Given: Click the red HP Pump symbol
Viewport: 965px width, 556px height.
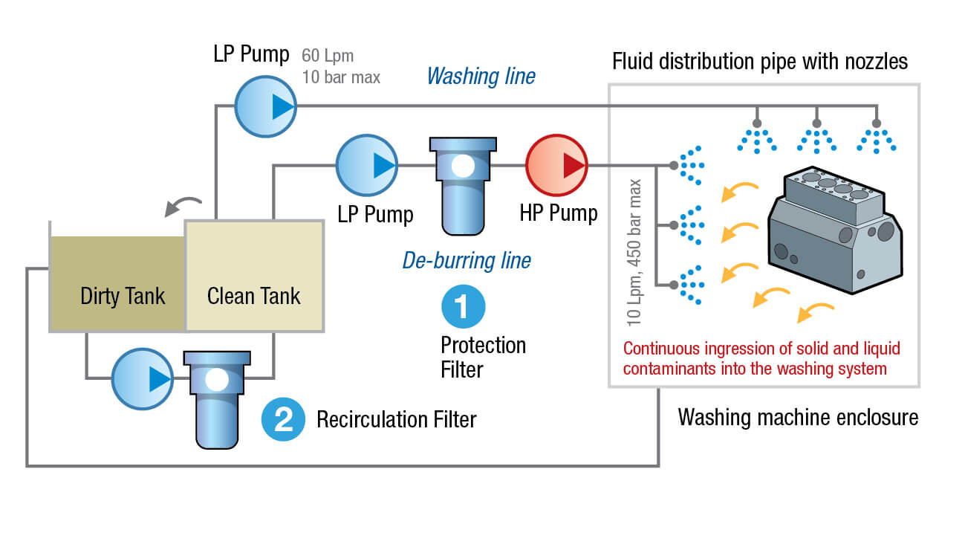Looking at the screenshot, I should pos(556,165).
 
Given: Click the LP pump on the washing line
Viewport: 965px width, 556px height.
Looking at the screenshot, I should pos(266,107).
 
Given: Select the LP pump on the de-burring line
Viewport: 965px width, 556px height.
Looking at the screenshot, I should pos(367,165).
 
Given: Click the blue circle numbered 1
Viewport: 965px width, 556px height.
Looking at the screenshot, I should pos(463,306).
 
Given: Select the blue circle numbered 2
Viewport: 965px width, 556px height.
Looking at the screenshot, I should pos(283,419).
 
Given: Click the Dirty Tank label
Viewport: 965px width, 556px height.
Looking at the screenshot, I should pos(123,296).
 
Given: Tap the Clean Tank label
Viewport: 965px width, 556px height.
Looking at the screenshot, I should pos(254,296).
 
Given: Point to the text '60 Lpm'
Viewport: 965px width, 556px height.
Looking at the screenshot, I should pos(328,56).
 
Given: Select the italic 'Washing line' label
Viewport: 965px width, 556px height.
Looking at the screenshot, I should pos(481,77).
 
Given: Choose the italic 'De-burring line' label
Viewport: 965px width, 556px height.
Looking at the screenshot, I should pos(467,260).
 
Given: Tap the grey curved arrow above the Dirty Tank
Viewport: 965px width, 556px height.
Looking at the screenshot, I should pos(183,205).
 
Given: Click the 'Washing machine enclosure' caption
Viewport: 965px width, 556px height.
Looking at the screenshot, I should pos(798,418).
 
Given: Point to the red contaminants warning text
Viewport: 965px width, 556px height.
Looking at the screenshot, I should pos(755,358).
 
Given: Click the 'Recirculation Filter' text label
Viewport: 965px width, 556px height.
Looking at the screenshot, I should pos(396,419).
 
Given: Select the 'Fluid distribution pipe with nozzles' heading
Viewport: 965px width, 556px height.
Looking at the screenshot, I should pos(759,61).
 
